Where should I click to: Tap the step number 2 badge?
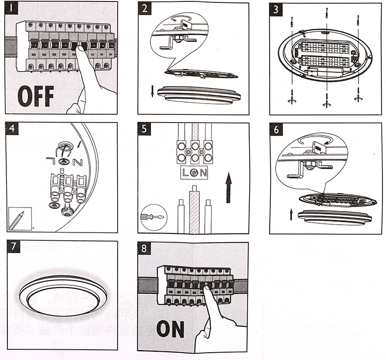click(145, 9)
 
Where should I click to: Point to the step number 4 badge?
click(12, 129)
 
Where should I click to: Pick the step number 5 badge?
click(145, 130)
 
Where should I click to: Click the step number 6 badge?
click(277, 130)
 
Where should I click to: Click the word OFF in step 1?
click(35, 96)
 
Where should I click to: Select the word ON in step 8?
click(170, 329)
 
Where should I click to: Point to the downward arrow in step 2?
click(152, 91)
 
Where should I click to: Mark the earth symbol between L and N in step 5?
click(194, 172)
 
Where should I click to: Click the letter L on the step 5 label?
click(186, 172)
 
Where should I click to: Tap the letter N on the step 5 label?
click(203, 172)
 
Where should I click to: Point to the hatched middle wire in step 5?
click(194, 208)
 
